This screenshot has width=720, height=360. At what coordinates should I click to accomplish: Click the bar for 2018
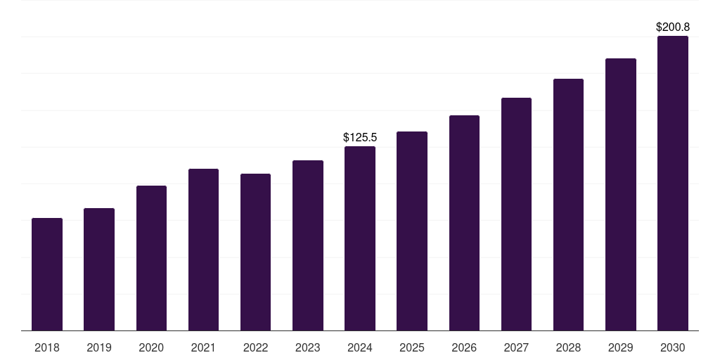point(47,274)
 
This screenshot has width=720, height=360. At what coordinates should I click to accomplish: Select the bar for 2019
point(99,269)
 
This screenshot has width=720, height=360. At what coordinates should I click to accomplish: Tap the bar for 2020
point(151,258)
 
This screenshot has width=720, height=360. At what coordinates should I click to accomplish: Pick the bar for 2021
point(203,250)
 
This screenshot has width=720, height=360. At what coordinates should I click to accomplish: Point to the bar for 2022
point(255,252)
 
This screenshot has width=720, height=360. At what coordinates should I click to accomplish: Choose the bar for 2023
point(308,245)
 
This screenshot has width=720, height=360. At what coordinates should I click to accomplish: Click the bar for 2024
point(360,238)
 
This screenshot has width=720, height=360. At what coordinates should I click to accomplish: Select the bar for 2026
point(464,223)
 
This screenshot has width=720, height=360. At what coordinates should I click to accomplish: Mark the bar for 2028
point(568,205)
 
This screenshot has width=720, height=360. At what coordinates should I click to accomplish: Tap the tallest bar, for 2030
point(673,184)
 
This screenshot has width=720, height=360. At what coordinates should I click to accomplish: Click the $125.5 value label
point(360,137)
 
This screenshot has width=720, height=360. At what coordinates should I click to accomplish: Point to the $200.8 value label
point(673,27)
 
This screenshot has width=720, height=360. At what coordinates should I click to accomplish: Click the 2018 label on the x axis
point(47,347)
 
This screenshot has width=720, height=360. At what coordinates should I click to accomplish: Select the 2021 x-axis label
point(203,347)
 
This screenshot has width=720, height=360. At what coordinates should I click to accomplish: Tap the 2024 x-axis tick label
point(360,347)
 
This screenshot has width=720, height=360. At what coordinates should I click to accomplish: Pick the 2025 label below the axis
point(412,347)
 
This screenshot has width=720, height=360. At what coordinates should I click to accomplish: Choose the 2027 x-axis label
point(516,347)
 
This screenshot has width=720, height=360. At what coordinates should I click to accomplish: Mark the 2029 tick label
point(621,347)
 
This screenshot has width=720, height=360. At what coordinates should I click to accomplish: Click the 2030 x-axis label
point(673,347)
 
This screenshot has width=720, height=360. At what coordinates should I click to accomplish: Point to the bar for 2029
point(621,195)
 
